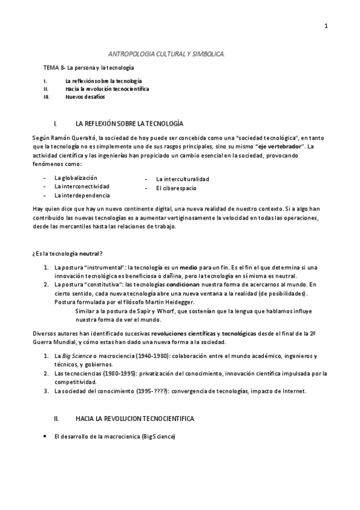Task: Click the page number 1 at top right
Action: [325, 25]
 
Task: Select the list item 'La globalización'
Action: [76, 178]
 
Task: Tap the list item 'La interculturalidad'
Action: [183, 179]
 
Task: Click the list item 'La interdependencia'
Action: [82, 195]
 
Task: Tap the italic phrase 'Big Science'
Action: [81, 356]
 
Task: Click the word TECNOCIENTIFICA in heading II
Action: [163, 417]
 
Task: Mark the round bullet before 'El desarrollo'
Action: [46, 435]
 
